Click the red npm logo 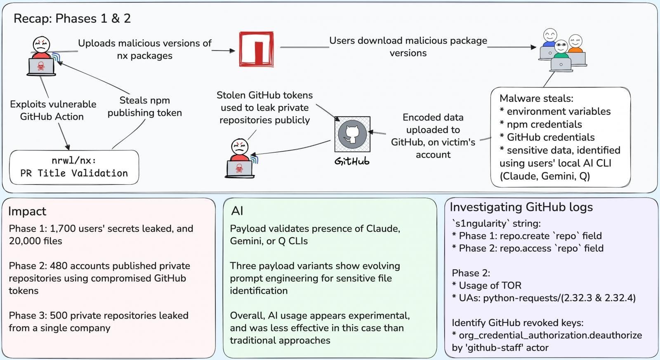(256, 49)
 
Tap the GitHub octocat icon (352, 134)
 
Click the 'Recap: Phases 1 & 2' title (72, 19)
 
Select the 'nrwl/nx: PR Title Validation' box (74, 167)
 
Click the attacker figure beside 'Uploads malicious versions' (41, 56)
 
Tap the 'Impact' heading (27, 211)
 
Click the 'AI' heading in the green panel (237, 211)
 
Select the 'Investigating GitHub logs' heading (521, 207)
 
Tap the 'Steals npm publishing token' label (144, 106)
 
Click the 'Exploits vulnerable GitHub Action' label (53, 110)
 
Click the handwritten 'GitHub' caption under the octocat (352, 161)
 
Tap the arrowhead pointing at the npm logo (232, 51)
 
